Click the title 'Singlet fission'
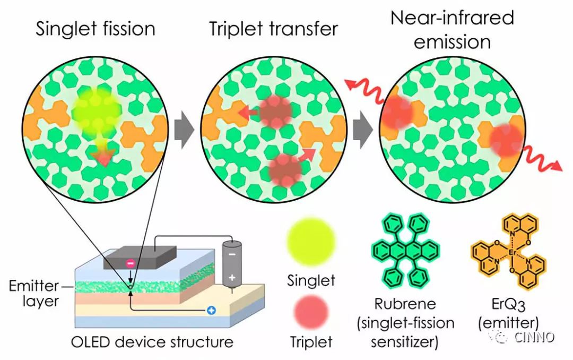click(x=95, y=29)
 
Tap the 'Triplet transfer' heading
click(x=273, y=29)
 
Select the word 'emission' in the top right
click(x=453, y=42)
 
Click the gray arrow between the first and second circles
click(x=184, y=130)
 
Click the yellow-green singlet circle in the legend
click(x=311, y=242)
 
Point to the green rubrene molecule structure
click(x=406, y=251)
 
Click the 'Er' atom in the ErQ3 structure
click(x=511, y=252)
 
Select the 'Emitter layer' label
click(x=34, y=294)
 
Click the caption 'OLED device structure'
click(x=152, y=342)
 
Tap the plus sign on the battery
click(x=232, y=278)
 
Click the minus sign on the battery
click(x=232, y=253)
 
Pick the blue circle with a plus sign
click(x=211, y=311)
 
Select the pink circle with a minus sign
click(x=131, y=263)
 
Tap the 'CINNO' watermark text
click(x=534, y=337)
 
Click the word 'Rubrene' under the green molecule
click(x=405, y=304)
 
